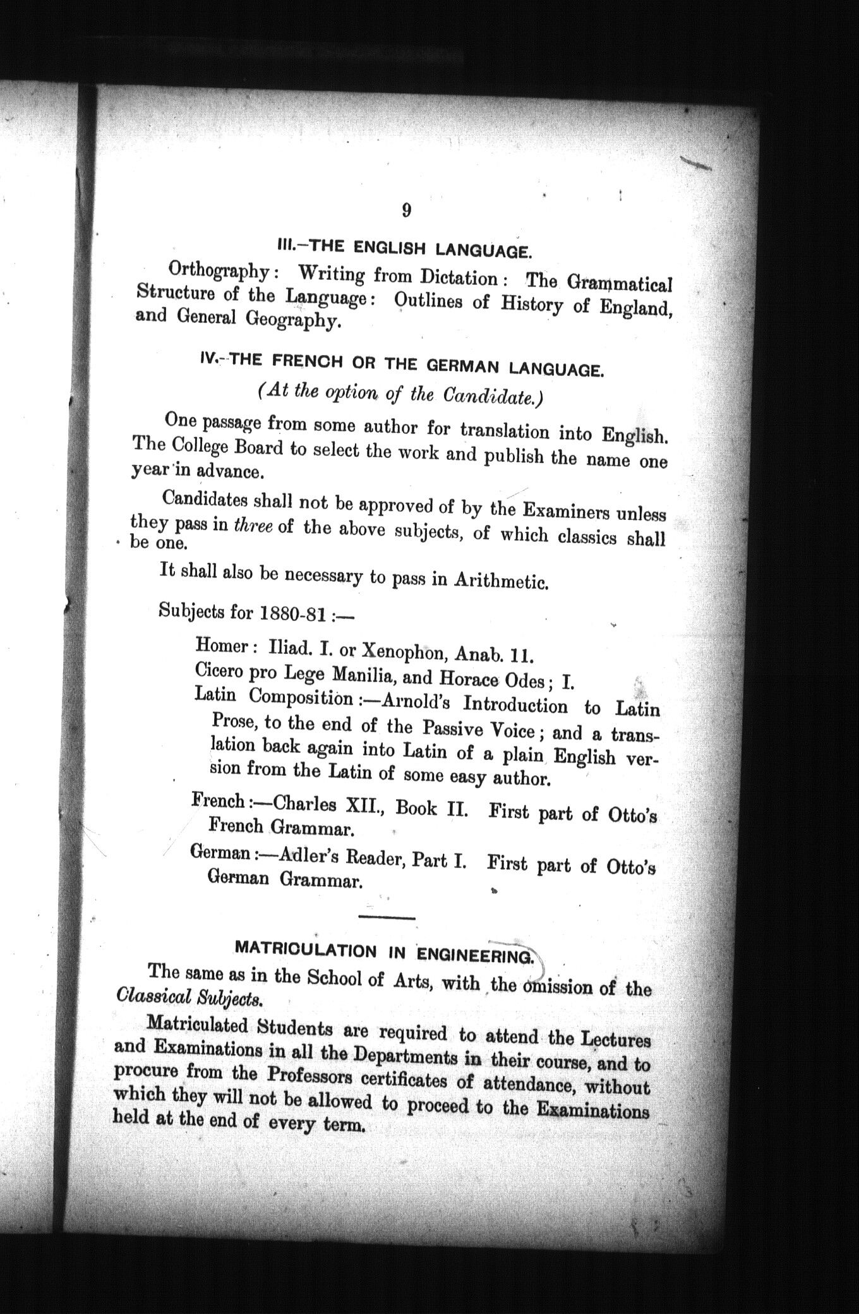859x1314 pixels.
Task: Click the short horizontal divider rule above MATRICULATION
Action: [x=386, y=917]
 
